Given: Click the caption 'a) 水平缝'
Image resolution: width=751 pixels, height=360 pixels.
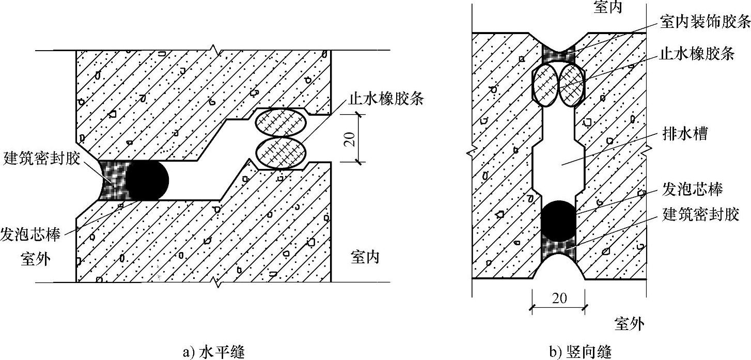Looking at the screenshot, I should click(x=213, y=352).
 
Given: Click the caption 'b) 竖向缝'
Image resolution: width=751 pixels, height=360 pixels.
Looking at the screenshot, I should click(x=580, y=352).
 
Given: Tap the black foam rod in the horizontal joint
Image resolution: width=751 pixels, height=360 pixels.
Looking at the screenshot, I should click(x=148, y=181).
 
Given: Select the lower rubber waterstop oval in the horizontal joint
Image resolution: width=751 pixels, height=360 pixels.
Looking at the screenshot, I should click(x=281, y=153).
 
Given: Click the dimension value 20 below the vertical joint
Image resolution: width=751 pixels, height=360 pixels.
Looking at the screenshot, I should click(x=559, y=298).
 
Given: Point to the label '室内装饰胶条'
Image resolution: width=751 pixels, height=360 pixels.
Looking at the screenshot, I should click(x=705, y=21).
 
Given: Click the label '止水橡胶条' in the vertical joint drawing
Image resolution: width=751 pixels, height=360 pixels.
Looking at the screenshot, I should click(x=697, y=54).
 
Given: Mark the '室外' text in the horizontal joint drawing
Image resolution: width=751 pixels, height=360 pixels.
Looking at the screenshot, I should click(x=36, y=258).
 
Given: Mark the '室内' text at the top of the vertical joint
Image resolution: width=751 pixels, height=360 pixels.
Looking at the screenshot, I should click(x=608, y=7).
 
